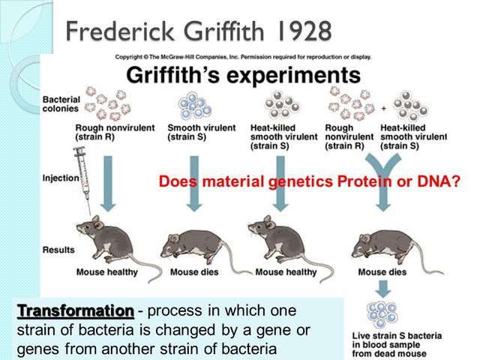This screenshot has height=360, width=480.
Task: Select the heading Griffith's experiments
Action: pos(242,76)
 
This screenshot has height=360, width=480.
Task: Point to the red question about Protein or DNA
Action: pos(309,181)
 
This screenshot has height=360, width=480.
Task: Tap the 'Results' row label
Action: pos(58,248)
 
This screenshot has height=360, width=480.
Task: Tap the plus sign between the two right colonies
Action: pos(385,108)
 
